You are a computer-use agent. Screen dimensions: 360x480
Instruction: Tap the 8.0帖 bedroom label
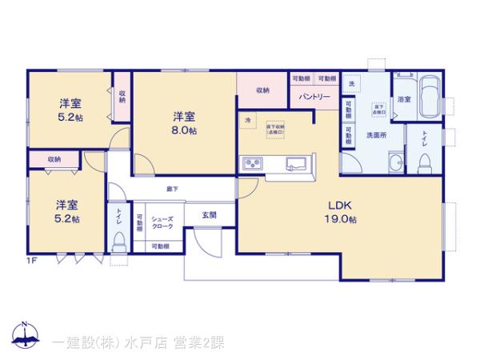pyautogui.click(x=183, y=124)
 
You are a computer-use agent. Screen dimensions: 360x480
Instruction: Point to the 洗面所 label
pyautogui.click(x=375, y=135)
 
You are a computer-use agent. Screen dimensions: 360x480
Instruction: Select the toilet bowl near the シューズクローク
pyautogui.click(x=118, y=239)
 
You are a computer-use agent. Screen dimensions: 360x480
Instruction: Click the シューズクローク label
pyautogui.click(x=162, y=222)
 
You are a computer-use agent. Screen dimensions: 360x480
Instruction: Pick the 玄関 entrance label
pyautogui.click(x=209, y=214)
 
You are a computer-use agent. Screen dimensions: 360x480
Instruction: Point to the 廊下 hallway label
pyautogui.click(x=172, y=189)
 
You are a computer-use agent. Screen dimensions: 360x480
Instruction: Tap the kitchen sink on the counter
pyautogui.click(x=297, y=164)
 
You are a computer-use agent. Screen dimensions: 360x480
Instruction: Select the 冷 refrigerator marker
pyautogui.click(x=248, y=122)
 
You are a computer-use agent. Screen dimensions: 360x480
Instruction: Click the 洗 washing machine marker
pyautogui.click(x=350, y=82)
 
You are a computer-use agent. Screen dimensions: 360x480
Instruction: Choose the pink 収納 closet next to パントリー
pyautogui.click(x=262, y=90)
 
